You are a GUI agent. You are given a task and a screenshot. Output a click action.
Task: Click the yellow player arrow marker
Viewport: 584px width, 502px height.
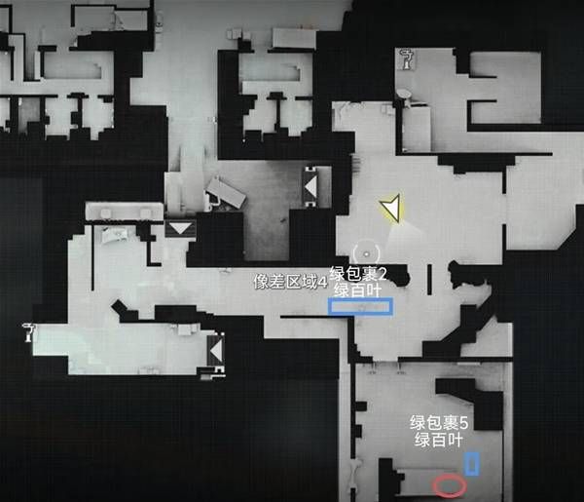[x=392, y=208]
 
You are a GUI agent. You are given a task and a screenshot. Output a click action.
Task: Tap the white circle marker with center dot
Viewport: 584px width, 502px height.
[x=367, y=254]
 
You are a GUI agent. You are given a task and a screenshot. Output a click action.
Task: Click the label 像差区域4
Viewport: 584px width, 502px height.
[x=290, y=282]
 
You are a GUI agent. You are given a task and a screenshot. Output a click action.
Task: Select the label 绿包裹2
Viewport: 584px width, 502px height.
[x=358, y=274]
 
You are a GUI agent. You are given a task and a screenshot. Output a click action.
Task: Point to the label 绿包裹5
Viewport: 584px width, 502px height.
[x=439, y=423]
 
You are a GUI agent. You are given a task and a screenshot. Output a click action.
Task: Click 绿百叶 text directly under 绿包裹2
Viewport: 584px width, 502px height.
[x=357, y=290]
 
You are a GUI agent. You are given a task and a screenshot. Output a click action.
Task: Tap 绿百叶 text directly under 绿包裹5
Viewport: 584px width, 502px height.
[x=439, y=440]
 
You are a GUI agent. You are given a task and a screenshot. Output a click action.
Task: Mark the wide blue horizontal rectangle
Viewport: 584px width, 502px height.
[x=360, y=307]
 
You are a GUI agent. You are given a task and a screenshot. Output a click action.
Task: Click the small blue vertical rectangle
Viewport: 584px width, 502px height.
[x=472, y=464]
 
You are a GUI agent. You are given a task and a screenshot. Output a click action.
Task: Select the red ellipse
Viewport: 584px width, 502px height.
[x=450, y=486]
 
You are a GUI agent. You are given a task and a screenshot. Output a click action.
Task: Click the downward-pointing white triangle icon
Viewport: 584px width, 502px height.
[x=180, y=228]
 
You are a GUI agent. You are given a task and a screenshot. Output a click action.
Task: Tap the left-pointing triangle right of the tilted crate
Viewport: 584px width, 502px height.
[x=310, y=186]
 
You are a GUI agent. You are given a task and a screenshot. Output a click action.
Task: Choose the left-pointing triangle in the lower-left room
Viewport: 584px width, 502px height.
[x=216, y=351]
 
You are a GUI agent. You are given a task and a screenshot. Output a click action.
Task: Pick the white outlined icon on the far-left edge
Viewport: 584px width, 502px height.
[x=28, y=332]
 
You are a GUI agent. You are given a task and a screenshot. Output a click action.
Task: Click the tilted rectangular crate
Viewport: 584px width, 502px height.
[x=226, y=193]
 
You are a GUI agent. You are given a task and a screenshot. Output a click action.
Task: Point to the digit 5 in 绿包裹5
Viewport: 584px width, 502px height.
[x=463, y=423]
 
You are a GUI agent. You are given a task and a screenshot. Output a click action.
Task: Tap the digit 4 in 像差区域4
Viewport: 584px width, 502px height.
[x=323, y=283]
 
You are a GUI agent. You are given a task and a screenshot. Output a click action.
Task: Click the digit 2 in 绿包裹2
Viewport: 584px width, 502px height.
[x=383, y=274]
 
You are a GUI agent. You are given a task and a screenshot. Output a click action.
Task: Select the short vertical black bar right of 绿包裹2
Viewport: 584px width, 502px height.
[x=429, y=280]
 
